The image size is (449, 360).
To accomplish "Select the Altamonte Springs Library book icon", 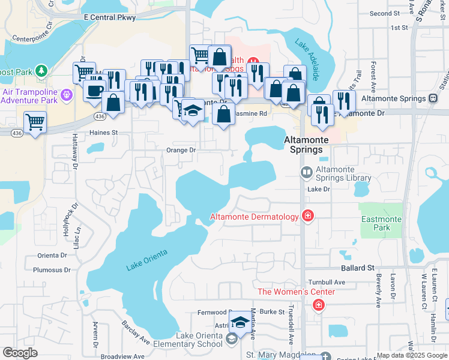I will coord(306,173).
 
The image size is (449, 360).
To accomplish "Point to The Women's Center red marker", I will coord(318,305).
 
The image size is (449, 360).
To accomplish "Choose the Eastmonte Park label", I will coord(381,224).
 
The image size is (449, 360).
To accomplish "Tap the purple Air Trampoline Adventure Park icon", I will coord(66,94).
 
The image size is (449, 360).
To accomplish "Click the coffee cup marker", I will coord(94,91).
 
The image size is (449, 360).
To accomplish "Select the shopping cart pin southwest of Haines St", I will coord(35,122).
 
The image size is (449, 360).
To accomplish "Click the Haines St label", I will coord(104,133).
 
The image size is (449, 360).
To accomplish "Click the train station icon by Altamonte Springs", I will coord(432,98).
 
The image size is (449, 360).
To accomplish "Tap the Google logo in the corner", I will coord(20,353).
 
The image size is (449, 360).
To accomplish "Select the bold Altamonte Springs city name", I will coord(307,144).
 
